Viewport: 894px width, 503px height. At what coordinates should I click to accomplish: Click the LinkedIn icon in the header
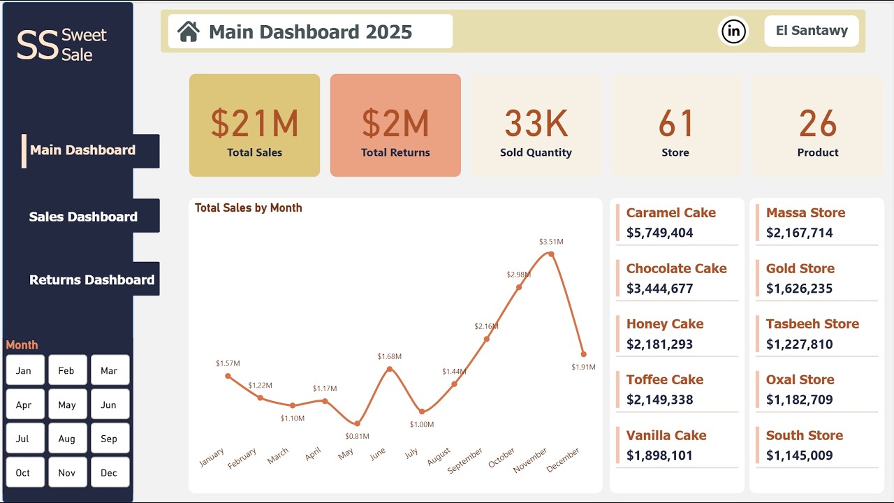tap(733, 31)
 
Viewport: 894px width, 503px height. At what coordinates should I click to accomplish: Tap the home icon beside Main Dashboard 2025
tap(188, 31)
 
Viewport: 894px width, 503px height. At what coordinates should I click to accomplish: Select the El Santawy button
tap(811, 31)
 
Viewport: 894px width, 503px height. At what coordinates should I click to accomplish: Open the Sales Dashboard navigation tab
tap(83, 217)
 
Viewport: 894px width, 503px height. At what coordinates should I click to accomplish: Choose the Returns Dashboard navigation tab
tap(91, 279)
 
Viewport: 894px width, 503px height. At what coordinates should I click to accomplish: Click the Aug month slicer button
tap(67, 439)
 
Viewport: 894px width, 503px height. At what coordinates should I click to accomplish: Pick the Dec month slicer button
tap(109, 473)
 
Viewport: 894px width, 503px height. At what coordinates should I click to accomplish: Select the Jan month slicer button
tap(24, 370)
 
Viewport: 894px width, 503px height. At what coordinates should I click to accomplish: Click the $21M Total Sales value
tap(254, 124)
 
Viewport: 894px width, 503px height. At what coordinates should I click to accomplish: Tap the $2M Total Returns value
tap(395, 124)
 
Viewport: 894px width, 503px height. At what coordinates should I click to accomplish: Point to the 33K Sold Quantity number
tap(536, 124)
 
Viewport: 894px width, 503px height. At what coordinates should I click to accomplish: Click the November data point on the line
tap(551, 254)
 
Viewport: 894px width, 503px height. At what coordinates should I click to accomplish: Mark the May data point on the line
tap(358, 423)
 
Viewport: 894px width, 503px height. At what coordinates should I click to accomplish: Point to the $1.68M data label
tap(389, 357)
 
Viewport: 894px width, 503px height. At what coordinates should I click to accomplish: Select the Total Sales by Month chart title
tap(248, 207)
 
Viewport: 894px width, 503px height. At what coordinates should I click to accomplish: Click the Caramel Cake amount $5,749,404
tap(659, 233)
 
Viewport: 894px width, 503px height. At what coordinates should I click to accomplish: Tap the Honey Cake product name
tap(664, 324)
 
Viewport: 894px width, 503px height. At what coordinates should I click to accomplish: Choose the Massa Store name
tap(805, 213)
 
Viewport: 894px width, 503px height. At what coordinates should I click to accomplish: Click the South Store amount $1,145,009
tap(799, 455)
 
